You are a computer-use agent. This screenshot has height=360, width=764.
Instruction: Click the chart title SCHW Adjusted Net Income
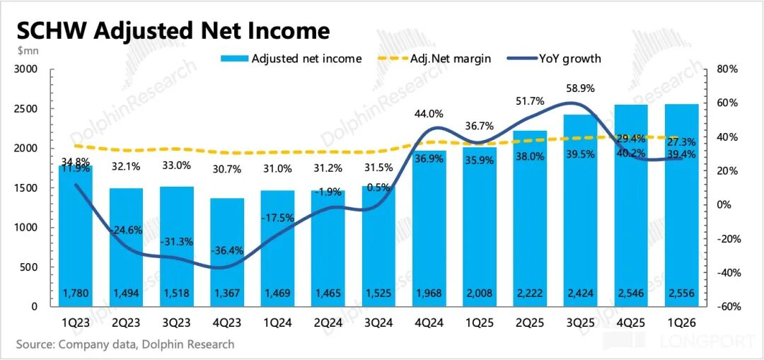tap(173, 30)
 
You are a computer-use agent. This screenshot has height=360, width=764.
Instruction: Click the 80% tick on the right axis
tap(727, 69)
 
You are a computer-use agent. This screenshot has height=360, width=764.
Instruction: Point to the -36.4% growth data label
tap(226, 250)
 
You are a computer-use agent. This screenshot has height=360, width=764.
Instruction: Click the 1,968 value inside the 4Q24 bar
tap(429, 293)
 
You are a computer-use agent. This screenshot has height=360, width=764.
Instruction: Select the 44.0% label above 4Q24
tap(429, 114)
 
